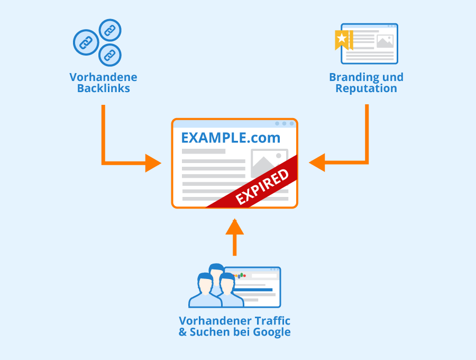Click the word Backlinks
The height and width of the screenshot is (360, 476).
(x=104, y=88)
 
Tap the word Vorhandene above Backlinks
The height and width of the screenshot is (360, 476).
(x=103, y=77)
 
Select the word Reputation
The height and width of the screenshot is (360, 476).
(x=366, y=88)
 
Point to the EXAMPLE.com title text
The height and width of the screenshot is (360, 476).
(x=231, y=138)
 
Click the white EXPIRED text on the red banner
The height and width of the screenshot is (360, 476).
(x=262, y=187)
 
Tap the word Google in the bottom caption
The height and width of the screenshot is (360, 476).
(x=272, y=332)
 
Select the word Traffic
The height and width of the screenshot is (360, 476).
(x=272, y=321)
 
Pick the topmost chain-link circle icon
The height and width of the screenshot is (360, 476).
(x=110, y=30)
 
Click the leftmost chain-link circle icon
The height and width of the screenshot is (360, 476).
(x=86, y=42)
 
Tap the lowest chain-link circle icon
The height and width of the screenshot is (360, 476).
(x=110, y=55)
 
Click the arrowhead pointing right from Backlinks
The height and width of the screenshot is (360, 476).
(x=153, y=163)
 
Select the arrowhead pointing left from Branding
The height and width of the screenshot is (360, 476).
(x=317, y=163)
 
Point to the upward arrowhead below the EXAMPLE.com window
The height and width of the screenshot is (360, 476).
(x=235, y=227)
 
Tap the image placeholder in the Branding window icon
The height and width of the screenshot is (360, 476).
(x=385, y=41)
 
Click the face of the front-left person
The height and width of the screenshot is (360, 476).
(x=205, y=285)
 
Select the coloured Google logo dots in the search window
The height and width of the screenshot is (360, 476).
(x=240, y=276)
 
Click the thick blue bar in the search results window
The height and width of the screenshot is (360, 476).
(x=253, y=290)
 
